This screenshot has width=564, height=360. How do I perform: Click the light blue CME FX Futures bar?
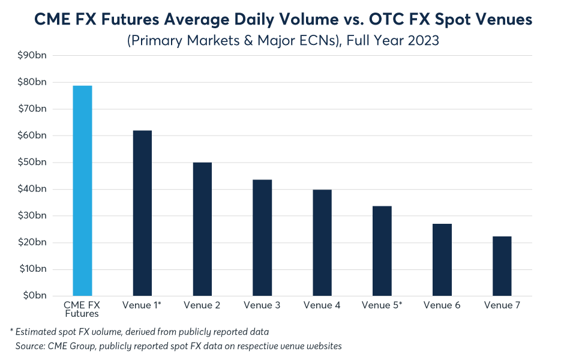pos(82,191)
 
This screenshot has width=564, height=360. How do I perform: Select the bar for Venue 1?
pos(142,213)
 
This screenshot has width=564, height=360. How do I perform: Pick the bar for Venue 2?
pos(202,229)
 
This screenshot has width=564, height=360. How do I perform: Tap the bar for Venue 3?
pos(262,238)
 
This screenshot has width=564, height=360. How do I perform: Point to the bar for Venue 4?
pos(322,243)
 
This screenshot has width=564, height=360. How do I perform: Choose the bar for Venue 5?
pos(382,251)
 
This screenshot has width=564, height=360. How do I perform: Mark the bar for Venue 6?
pos(442,260)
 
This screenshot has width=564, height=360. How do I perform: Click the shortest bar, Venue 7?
pos(502,266)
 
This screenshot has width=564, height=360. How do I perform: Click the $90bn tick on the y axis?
pos(32,55)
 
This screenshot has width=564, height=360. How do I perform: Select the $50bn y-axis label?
pos(32,162)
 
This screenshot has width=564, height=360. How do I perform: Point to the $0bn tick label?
pos(35,296)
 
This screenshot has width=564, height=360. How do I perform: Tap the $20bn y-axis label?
pos(32,242)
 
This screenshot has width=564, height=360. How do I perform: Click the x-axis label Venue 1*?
pos(142,305)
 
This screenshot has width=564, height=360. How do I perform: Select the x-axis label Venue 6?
pos(442,305)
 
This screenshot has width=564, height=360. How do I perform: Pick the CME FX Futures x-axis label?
pos(82,309)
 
